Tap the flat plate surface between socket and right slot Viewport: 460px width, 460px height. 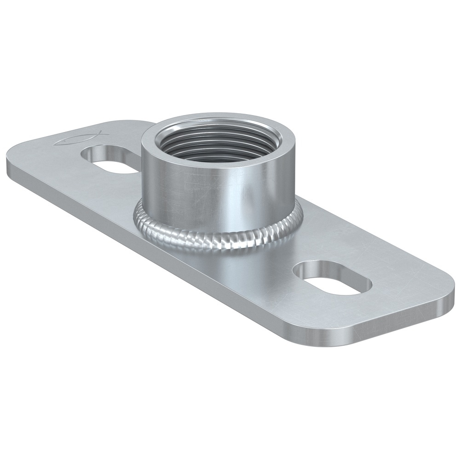pyautogui.click(x=285, y=248)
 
